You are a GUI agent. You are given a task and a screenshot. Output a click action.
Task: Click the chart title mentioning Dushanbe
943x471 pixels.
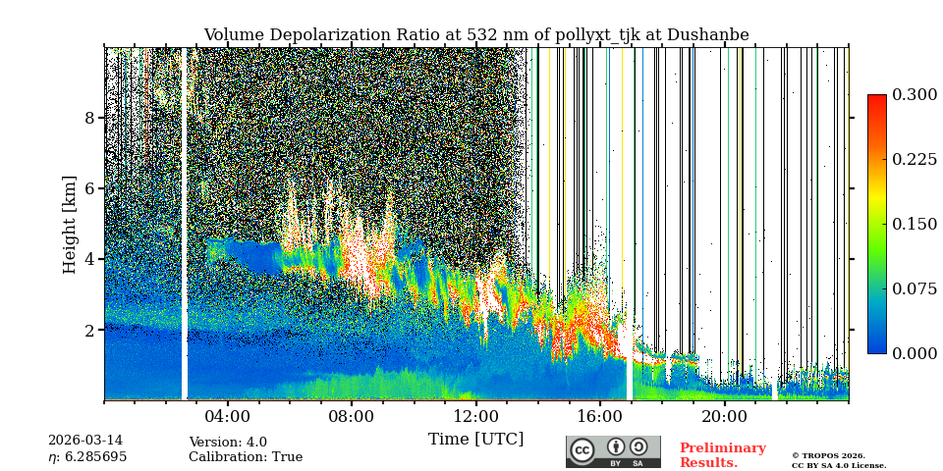(475, 35)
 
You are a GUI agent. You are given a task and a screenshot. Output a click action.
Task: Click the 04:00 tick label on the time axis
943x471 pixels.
(228, 416)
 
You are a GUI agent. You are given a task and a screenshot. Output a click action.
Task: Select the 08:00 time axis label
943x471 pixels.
(352, 416)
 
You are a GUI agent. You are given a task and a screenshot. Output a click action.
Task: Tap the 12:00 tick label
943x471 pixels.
(475, 416)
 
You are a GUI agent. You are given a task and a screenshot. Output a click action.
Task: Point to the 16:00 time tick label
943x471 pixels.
(599, 416)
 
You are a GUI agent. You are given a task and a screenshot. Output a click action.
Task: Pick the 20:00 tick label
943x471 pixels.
(724, 416)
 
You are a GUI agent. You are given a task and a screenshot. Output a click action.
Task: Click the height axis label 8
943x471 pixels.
(89, 118)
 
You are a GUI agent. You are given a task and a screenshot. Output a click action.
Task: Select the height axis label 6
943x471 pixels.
(89, 188)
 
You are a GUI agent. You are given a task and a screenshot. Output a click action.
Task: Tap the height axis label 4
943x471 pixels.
(89, 259)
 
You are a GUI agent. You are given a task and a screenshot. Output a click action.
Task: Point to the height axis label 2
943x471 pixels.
(89, 330)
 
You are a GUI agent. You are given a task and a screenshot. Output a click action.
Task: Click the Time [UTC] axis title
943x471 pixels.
(475, 439)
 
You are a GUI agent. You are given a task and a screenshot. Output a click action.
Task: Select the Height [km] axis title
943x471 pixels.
(70, 224)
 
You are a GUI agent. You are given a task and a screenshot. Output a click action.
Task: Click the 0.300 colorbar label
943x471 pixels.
(915, 94)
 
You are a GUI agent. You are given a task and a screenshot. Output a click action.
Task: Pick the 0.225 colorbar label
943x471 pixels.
(915, 159)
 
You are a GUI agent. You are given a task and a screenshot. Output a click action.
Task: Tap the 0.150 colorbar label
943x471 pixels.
(915, 224)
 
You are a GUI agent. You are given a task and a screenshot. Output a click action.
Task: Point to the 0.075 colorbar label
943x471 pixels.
(915, 288)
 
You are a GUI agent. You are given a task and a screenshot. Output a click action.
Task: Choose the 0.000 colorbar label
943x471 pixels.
(915, 353)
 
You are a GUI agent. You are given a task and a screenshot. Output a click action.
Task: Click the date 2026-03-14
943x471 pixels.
(85, 442)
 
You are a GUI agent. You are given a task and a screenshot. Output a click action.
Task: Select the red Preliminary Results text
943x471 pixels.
(722, 455)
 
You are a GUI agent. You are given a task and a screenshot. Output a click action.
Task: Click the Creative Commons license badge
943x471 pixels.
(613, 451)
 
